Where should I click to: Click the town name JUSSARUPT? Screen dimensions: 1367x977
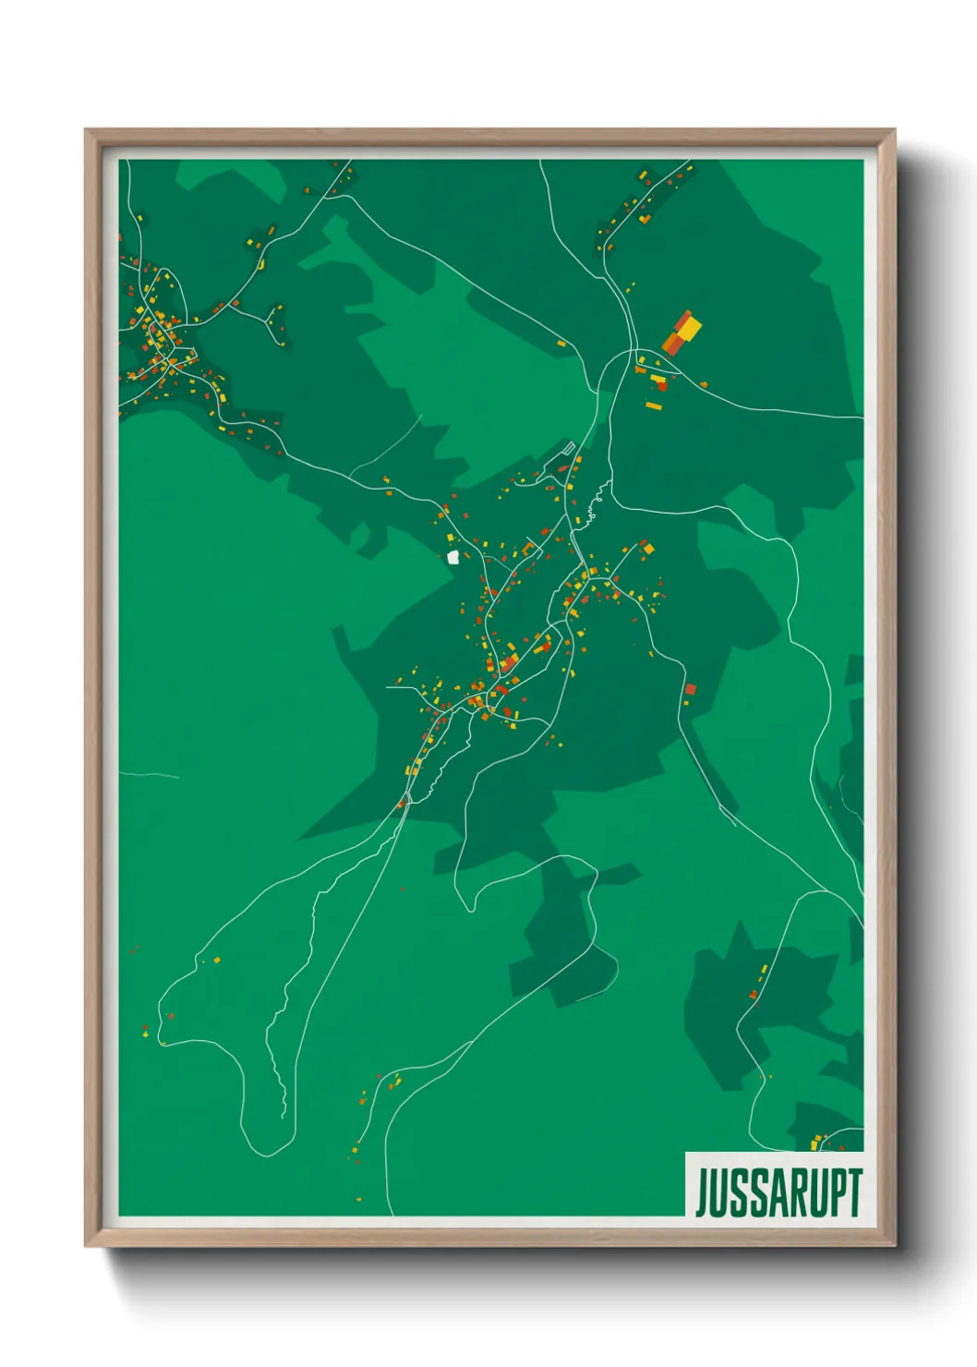click(x=778, y=1192)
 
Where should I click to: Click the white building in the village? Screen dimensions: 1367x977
click(x=453, y=557)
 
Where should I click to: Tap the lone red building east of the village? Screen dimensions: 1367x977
click(x=689, y=689)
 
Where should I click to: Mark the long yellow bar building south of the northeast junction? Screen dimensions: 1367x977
click(x=654, y=405)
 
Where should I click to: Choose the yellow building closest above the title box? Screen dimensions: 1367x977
click(x=815, y=1144)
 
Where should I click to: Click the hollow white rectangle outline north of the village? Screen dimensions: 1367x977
click(x=569, y=450)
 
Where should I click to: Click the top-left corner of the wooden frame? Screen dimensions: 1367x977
click(x=86, y=130)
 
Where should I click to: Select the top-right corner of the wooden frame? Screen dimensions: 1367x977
click(x=894, y=130)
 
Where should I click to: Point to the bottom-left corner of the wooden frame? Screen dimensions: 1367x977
click(x=86, y=1246)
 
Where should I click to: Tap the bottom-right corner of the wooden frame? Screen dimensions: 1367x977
click(x=894, y=1246)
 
